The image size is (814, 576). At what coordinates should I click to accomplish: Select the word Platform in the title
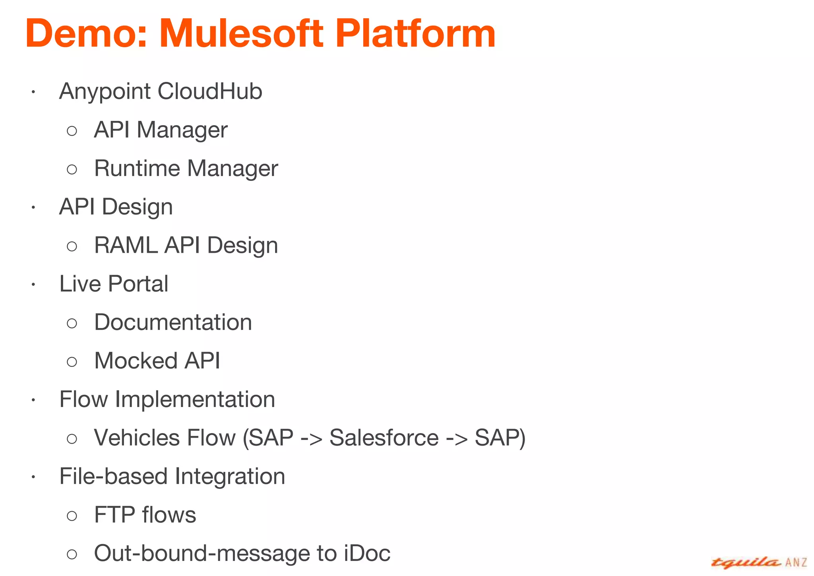coord(415,34)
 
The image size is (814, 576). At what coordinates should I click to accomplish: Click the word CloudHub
coord(210,91)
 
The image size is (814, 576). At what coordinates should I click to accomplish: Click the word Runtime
coord(137,169)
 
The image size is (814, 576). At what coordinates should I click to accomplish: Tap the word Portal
coord(138,284)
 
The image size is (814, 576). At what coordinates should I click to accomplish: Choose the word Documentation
coord(173,322)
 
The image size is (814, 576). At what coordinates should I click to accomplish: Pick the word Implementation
coord(195,400)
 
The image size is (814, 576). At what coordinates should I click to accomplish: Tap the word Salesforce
coord(384,438)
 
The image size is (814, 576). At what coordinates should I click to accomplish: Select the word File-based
coord(113,476)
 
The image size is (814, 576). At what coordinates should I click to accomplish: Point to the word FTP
coord(114,515)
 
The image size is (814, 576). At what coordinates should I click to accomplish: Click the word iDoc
coord(367,553)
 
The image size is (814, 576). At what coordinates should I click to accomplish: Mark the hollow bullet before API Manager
coord(72,131)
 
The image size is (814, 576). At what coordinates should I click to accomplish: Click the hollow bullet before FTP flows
coord(72,516)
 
